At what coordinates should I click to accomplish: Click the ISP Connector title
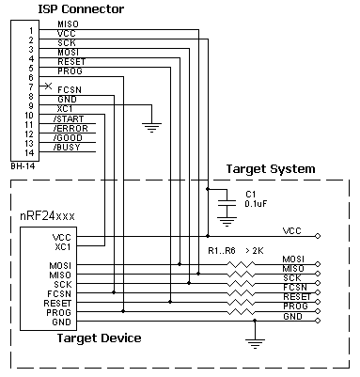[81, 9]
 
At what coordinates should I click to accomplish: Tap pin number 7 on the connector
[31, 86]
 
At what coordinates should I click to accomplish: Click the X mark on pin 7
[48, 86]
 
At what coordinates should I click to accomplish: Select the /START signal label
[69, 119]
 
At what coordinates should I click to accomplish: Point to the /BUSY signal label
[67, 148]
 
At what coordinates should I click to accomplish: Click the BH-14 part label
[23, 166]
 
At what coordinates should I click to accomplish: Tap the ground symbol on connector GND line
[151, 128]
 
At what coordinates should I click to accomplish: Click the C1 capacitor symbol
[227, 203]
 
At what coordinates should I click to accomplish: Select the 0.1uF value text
[256, 204]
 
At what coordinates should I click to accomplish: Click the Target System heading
[271, 169]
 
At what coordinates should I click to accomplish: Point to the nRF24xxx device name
[47, 216]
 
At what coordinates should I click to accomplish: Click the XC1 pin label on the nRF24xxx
[63, 247]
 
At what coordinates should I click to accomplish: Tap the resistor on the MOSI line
[241, 264]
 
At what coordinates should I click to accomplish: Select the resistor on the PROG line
[241, 311]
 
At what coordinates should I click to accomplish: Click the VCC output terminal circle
[318, 236]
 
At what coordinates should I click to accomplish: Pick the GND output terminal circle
[318, 321]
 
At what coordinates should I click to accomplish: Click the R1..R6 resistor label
[222, 251]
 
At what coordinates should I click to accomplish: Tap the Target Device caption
[99, 338]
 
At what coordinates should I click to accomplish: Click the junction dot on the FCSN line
[114, 292]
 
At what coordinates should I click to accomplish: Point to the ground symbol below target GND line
[255, 344]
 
